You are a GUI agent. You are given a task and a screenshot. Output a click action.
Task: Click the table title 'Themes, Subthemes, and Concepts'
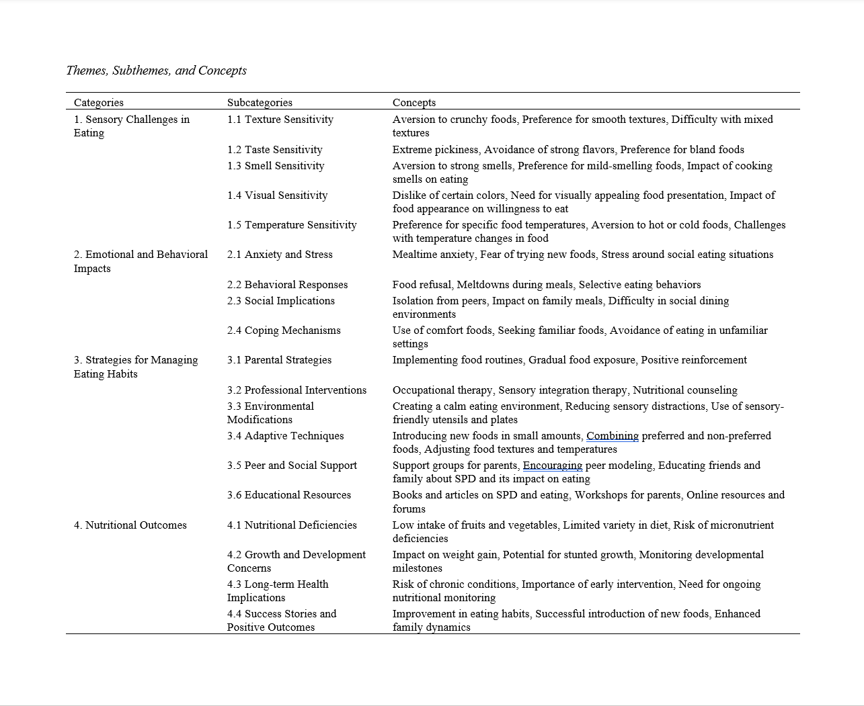click(156, 71)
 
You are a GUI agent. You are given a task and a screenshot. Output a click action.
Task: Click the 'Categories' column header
click(99, 103)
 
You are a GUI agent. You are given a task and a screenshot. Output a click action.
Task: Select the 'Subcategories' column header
click(260, 103)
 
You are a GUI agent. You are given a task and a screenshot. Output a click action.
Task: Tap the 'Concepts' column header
click(414, 103)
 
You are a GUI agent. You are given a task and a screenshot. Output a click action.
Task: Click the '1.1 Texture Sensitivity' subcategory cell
click(280, 120)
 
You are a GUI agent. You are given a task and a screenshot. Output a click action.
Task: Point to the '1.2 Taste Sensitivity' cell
click(274, 149)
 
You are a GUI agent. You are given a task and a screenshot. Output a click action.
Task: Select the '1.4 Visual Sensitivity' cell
click(277, 195)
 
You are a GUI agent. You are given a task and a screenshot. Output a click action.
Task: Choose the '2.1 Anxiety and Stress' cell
click(280, 255)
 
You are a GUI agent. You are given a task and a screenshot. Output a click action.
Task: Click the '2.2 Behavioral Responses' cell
click(287, 285)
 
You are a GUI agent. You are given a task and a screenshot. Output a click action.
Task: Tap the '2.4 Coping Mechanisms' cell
click(284, 330)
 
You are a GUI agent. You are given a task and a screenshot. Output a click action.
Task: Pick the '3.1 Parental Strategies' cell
click(279, 360)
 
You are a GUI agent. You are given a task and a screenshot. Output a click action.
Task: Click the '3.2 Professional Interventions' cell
click(297, 390)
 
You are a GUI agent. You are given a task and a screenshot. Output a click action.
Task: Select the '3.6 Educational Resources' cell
click(289, 495)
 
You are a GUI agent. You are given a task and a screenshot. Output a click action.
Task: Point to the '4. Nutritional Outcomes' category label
click(130, 525)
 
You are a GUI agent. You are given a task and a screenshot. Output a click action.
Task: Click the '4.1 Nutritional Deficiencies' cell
click(292, 525)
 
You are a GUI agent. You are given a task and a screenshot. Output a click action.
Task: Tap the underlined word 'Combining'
click(613, 436)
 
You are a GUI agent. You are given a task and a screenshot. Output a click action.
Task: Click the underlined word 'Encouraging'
click(553, 466)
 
